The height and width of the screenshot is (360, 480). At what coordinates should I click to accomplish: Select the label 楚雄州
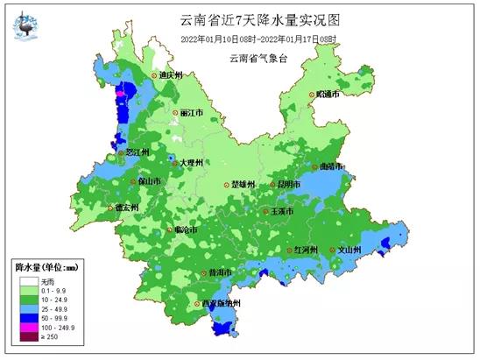243,185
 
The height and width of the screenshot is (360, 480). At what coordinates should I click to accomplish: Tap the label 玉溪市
284,212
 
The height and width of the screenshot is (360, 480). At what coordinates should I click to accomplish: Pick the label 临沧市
186,229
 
